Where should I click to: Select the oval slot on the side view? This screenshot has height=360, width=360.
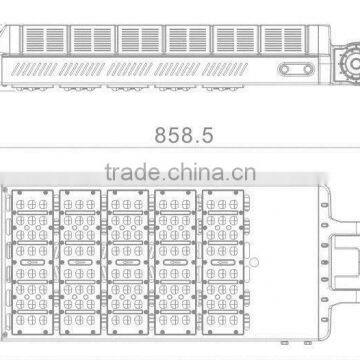[x=295, y=71]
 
